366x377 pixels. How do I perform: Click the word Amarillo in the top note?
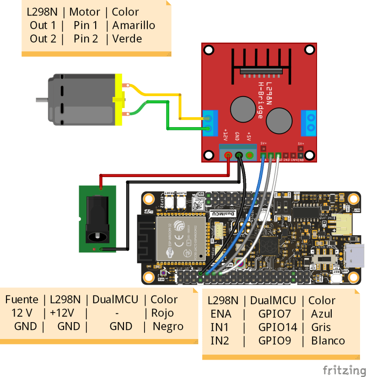pyautogui.click(x=134, y=25)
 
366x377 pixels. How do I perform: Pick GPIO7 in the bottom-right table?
pyautogui.click(x=274, y=314)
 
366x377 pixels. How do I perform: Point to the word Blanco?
pyautogui.click(x=328, y=341)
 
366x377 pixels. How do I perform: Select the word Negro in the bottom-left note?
pyautogui.click(x=168, y=326)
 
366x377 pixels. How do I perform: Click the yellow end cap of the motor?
pyautogui.click(x=119, y=100)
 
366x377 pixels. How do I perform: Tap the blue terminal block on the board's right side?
pyautogui.click(x=309, y=123)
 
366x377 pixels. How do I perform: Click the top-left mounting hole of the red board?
pyautogui.click(x=209, y=50)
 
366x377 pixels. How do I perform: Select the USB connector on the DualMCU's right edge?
pyautogui.click(x=355, y=255)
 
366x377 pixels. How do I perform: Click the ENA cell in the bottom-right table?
pyautogui.click(x=221, y=314)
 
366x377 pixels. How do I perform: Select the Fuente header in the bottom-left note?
pyautogui.click(x=22, y=300)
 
